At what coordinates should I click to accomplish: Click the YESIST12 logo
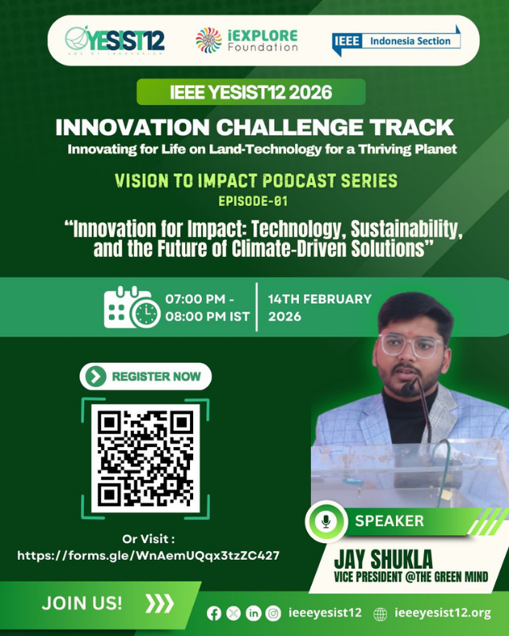(115, 40)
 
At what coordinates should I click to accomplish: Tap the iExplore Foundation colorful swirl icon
(208, 40)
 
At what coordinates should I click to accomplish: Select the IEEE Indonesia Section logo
(396, 41)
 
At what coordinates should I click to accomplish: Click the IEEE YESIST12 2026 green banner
(251, 92)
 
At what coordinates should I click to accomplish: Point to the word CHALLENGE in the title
(290, 127)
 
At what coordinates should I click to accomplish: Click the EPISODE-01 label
(252, 201)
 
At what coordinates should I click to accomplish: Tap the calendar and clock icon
(132, 307)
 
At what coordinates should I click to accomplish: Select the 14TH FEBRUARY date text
(320, 299)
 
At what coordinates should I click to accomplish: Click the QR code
(145, 458)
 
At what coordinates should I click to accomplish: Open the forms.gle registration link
(148, 555)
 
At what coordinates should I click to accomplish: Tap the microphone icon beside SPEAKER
(325, 521)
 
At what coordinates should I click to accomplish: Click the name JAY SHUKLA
(383, 559)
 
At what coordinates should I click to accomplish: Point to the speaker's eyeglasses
(410, 345)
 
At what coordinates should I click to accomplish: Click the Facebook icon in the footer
(214, 614)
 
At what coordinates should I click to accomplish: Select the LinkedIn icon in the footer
(253, 614)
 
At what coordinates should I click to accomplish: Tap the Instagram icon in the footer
(273, 614)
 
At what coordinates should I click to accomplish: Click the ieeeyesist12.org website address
(442, 613)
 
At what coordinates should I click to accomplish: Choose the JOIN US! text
(82, 603)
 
